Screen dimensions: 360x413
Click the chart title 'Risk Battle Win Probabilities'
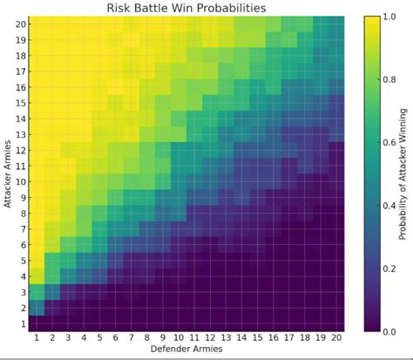(186, 9)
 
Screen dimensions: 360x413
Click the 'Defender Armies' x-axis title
(186, 350)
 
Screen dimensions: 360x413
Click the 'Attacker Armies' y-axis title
(8, 174)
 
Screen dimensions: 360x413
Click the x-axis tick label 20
(336, 338)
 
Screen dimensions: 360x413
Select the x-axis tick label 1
(37, 338)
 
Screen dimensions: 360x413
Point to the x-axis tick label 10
(179, 338)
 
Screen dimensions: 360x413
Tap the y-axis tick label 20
(20, 24)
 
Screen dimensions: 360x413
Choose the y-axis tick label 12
(20, 150)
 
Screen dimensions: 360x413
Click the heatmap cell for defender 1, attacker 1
(37, 323)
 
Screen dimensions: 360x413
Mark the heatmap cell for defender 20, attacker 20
(336, 24)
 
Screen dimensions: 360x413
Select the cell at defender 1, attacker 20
(37, 24)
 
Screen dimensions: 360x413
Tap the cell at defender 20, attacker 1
(336, 323)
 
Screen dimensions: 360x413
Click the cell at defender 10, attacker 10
(179, 181)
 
